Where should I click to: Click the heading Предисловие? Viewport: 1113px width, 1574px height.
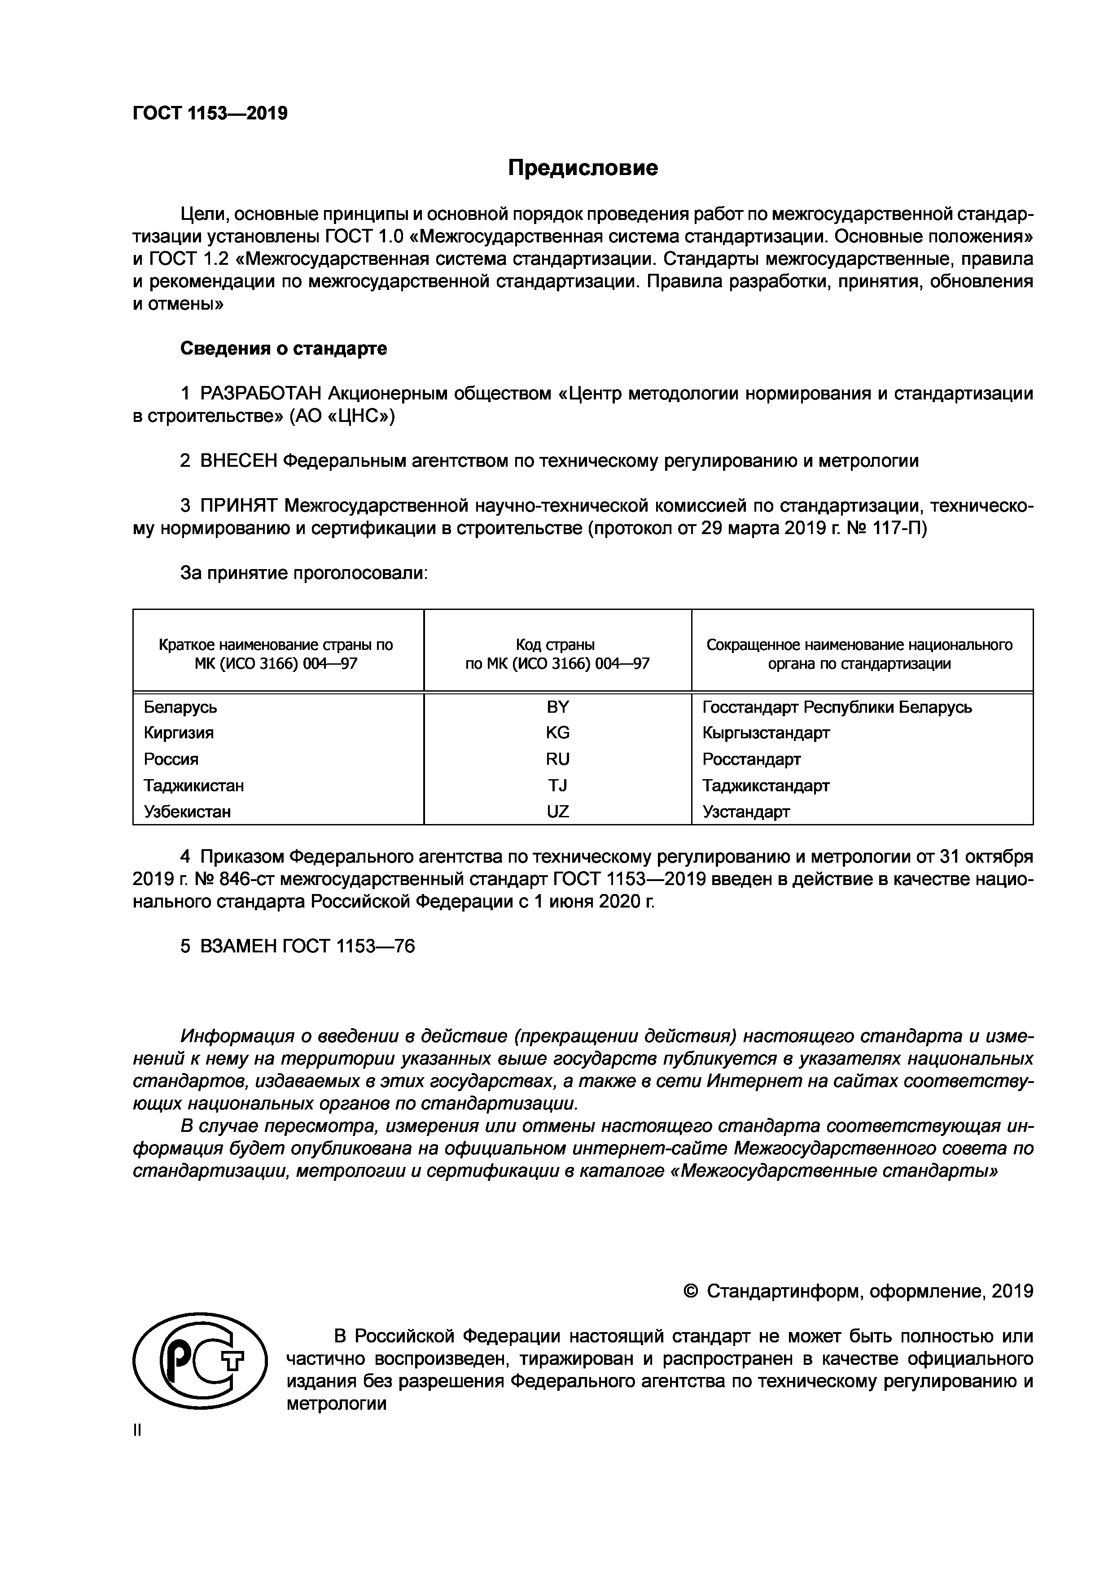(583, 168)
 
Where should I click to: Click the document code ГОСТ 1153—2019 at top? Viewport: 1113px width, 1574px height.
(210, 113)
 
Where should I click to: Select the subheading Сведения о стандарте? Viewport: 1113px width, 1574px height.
(283, 348)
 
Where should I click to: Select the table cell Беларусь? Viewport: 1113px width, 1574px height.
(180, 707)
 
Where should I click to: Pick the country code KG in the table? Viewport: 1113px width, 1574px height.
(557, 733)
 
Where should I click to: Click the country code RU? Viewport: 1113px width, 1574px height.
(557, 759)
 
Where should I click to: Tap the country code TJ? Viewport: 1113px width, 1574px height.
(557, 785)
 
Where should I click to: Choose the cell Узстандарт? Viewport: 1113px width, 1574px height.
(745, 811)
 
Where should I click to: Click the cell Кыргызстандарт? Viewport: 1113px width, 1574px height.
(766, 733)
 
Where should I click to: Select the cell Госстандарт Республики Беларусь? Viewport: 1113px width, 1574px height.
(837, 707)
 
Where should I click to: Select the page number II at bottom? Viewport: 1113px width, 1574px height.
(137, 1431)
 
